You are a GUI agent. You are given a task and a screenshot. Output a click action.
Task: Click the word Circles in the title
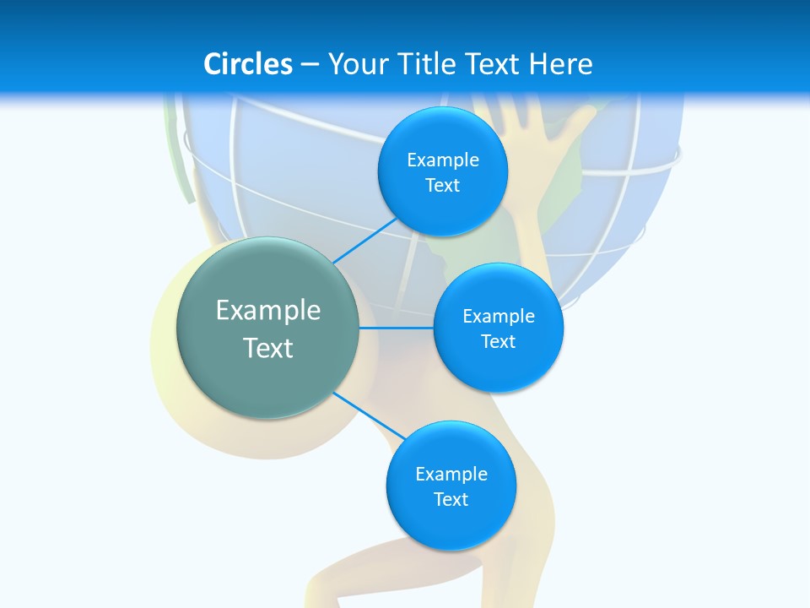[248, 64]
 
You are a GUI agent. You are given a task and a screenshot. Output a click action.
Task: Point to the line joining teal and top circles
[364, 241]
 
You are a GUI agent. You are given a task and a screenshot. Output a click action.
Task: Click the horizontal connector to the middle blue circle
[396, 328]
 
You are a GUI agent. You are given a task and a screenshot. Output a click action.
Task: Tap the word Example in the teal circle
[268, 310]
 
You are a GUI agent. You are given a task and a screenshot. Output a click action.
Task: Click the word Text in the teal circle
[268, 348]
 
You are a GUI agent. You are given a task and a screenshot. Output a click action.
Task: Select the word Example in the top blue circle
[443, 160]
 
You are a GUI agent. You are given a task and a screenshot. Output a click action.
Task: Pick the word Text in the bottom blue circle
[451, 499]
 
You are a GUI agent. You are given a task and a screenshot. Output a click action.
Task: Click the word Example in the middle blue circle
[499, 316]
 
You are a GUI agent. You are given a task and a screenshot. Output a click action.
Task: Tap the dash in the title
[309, 64]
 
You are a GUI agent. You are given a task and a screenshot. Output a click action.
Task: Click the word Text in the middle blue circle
[499, 341]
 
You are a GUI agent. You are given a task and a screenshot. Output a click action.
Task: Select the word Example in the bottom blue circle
[451, 474]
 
